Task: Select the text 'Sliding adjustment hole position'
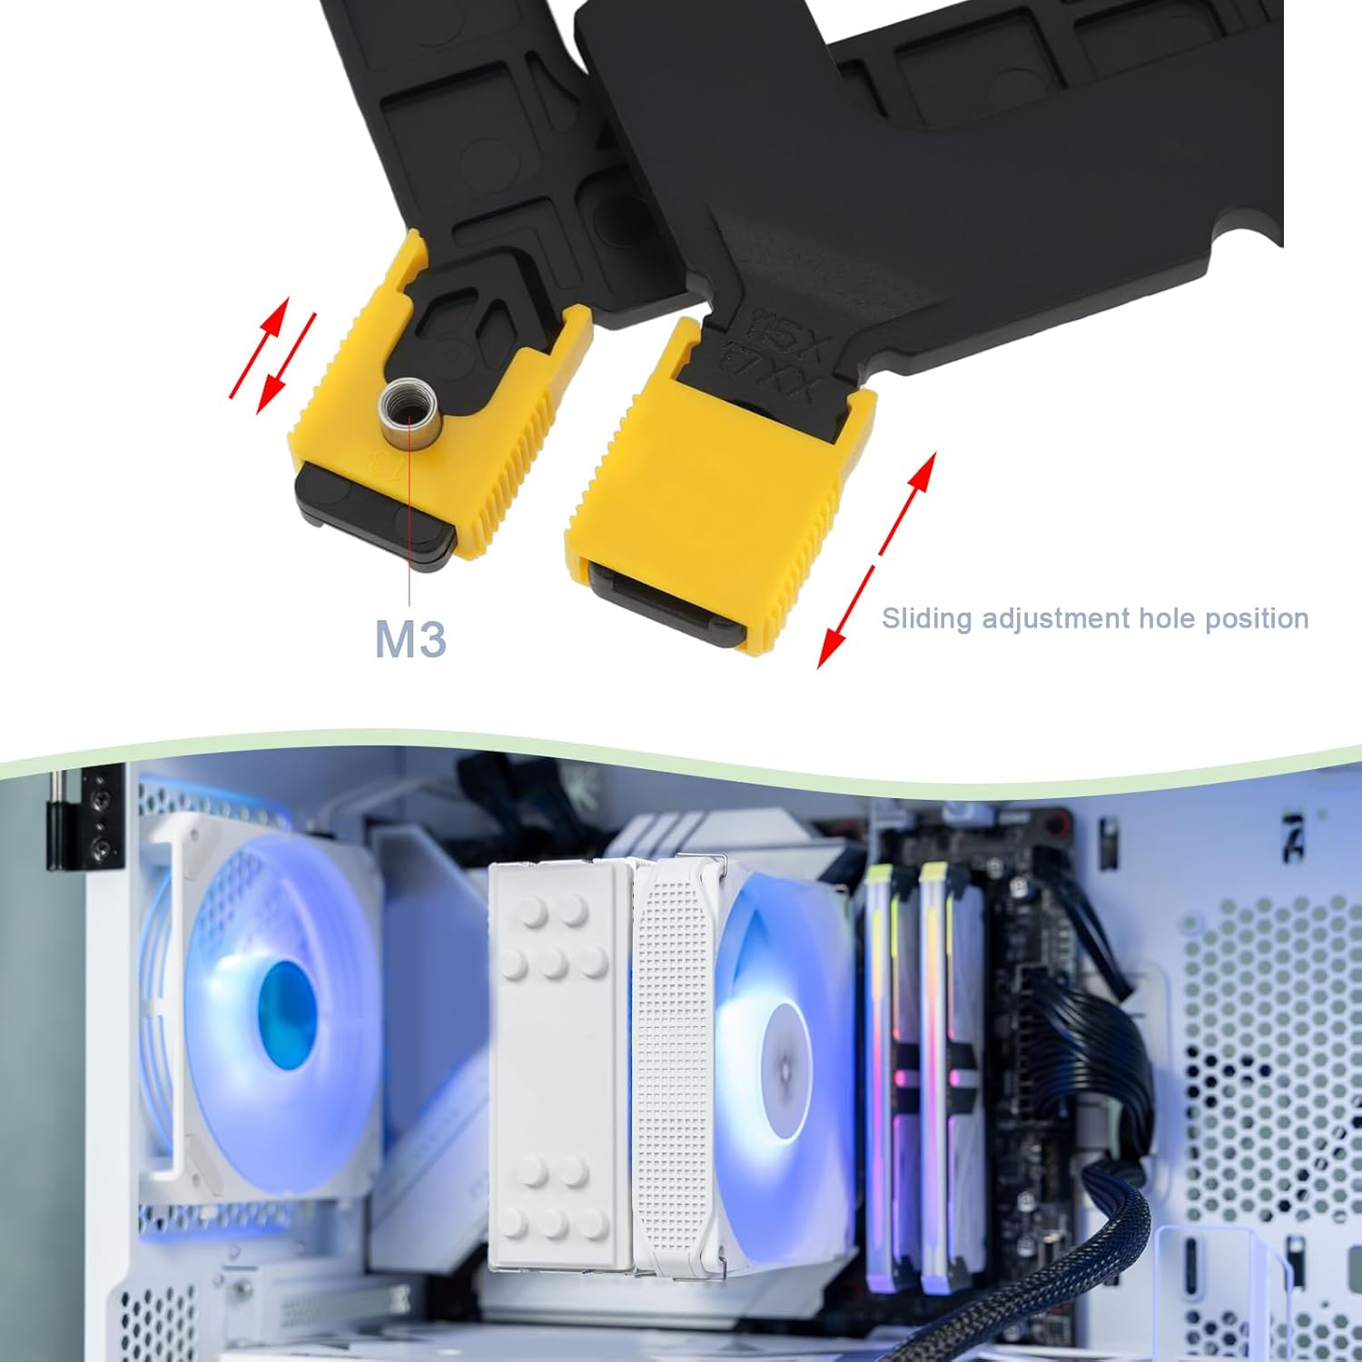(1095, 618)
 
